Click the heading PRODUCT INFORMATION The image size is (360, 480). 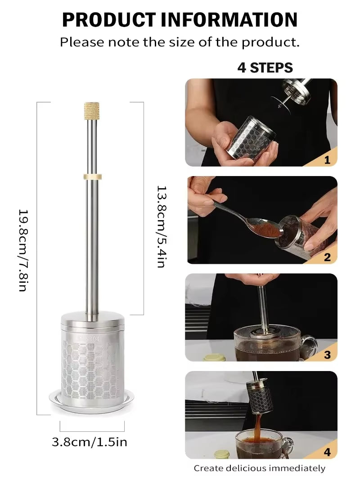180,20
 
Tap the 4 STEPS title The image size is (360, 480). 265,68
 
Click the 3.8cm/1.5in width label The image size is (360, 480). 90,442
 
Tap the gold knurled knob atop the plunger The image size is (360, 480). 91,111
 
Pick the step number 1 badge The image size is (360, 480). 327,159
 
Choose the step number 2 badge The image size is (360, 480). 327,257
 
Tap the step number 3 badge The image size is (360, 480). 327,354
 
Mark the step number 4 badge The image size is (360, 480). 327,452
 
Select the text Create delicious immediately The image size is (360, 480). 259,468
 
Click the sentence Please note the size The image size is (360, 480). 180,42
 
